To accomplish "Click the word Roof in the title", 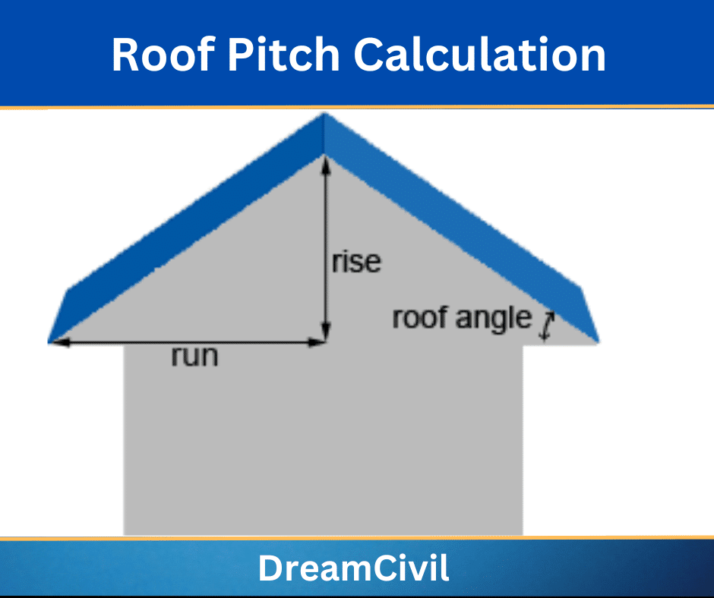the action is (x=163, y=55).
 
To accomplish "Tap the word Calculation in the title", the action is (x=480, y=55).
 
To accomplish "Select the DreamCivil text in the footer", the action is (x=354, y=568).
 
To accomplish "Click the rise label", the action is (x=356, y=262).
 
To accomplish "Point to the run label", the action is (x=195, y=355).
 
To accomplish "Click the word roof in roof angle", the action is (x=419, y=317).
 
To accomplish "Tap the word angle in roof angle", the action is (x=494, y=319).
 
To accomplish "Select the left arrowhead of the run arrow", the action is (x=60, y=342).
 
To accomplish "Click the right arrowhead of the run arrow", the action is (x=316, y=342).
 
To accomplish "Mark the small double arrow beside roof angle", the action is (x=546, y=326).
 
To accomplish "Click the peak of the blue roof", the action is (x=324, y=114).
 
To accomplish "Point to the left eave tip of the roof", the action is (x=49, y=341).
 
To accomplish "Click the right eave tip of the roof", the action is (x=598, y=341).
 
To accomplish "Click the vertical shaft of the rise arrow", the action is (x=325, y=248).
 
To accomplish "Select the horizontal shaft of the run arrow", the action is (x=188, y=342).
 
